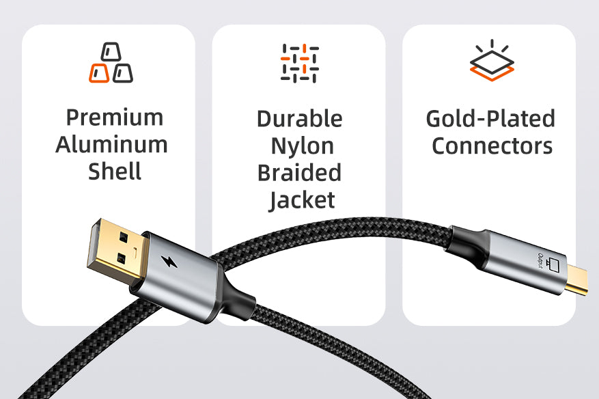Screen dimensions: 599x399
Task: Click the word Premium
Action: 115,118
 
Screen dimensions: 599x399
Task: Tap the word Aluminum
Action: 111,144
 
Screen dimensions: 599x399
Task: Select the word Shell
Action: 115,171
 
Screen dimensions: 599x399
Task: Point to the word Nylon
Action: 302,147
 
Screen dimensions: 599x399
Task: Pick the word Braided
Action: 299,173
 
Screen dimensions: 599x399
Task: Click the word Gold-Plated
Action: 490,118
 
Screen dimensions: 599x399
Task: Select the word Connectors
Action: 492,146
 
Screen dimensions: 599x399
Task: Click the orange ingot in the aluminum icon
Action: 99,73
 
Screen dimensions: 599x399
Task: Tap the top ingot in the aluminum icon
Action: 111,52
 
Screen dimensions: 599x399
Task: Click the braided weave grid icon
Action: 299,64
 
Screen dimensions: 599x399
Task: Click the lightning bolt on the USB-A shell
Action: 169,262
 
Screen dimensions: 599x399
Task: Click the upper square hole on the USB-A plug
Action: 124,237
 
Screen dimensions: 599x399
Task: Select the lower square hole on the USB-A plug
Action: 121,259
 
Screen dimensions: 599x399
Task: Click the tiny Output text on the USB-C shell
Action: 540,261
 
